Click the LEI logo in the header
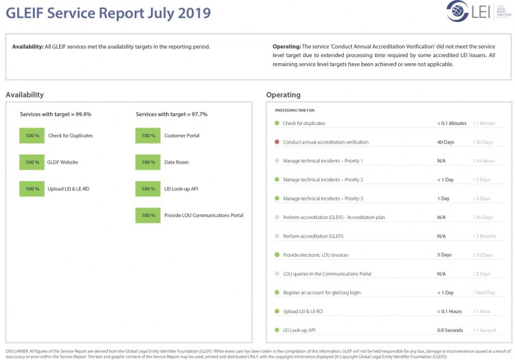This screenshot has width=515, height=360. [x=468, y=12]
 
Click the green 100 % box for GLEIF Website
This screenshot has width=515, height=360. [x=32, y=162]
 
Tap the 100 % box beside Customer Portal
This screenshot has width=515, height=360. [x=148, y=135]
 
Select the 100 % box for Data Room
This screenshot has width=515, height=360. [x=148, y=162]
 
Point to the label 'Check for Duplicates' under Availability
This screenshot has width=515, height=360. [x=70, y=135]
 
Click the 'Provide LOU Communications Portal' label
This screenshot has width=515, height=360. [x=203, y=215]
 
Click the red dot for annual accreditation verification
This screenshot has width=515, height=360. [x=277, y=142]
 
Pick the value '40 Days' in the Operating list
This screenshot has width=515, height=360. [x=445, y=142]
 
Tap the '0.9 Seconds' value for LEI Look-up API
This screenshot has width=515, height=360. [x=450, y=330]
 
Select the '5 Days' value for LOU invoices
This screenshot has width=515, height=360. [x=444, y=255]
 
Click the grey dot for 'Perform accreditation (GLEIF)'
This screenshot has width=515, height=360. [x=277, y=236]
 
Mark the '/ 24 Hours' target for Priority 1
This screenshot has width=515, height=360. [x=484, y=161]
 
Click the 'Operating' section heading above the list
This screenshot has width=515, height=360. [x=283, y=95]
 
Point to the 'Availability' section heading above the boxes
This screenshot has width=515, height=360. [x=25, y=95]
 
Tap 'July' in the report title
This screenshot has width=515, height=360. [x=156, y=13]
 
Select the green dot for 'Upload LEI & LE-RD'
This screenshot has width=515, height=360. [x=277, y=311]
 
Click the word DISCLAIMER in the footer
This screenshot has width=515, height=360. [x=17, y=351]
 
